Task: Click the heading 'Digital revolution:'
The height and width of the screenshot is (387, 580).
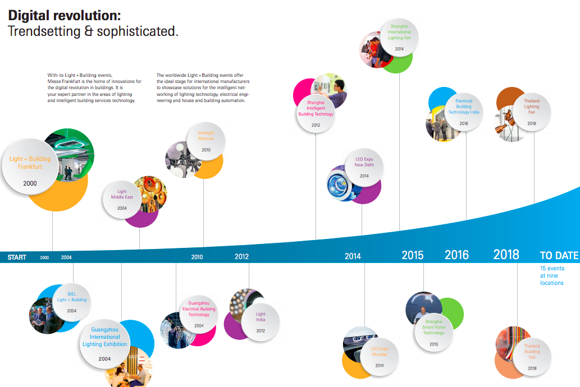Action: click(x=64, y=15)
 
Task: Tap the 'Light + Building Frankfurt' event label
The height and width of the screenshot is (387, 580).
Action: click(x=30, y=163)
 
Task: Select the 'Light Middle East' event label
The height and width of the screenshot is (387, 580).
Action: click(x=122, y=195)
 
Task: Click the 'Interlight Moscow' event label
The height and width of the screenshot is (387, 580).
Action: click(x=206, y=136)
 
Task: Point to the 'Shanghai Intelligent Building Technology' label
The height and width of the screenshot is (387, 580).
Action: click(x=316, y=108)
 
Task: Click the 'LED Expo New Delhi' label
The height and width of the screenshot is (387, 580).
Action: click(x=364, y=163)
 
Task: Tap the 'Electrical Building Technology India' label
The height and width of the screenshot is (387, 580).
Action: click(x=464, y=107)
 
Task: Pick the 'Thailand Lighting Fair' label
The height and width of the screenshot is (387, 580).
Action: click(x=532, y=107)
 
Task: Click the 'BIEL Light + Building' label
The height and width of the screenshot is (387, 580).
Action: click(x=72, y=297)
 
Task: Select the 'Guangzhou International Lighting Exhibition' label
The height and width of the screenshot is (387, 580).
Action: click(x=105, y=337)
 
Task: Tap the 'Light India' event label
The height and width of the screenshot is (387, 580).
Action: click(x=261, y=317)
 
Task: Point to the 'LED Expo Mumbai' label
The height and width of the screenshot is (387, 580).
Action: click(x=380, y=352)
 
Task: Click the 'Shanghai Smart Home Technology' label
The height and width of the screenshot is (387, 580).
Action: click(x=433, y=328)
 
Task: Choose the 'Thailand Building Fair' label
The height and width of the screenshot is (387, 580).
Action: click(x=532, y=352)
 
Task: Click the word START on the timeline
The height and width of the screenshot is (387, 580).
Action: click(x=17, y=257)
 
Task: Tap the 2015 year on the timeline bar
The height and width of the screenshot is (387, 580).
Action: click(x=413, y=256)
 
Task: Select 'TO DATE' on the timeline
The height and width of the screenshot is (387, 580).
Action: click(x=559, y=256)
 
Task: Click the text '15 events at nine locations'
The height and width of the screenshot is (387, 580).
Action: click(x=552, y=275)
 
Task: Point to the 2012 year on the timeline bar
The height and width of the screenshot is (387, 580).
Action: click(x=241, y=257)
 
